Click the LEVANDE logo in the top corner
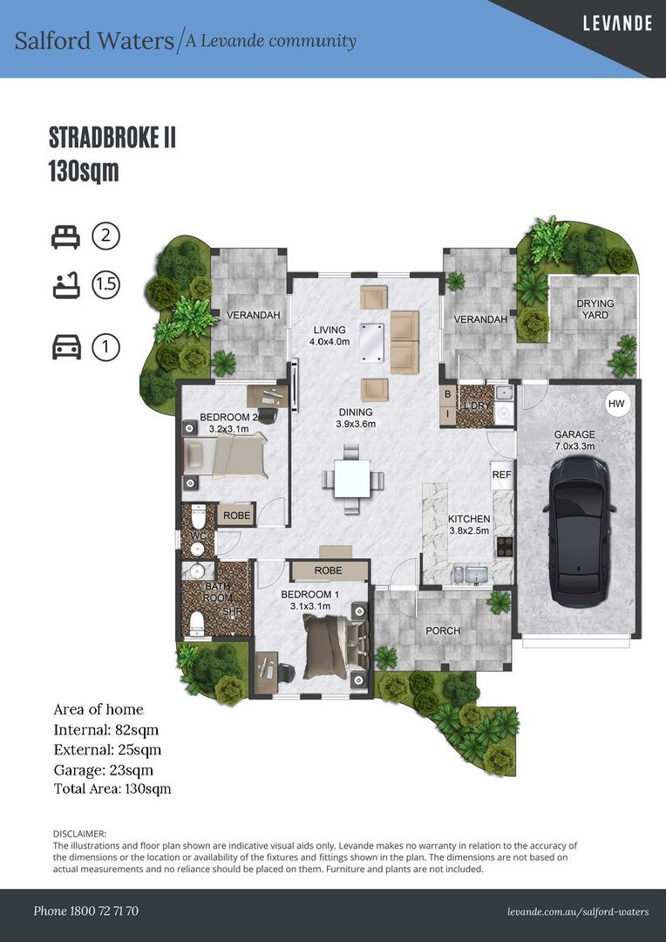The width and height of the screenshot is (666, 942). pyautogui.click(x=617, y=24)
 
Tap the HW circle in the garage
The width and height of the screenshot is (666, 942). pyautogui.click(x=616, y=405)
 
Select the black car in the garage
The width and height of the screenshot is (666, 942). pyautogui.click(x=578, y=531)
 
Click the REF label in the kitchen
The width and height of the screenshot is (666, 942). pyautogui.click(x=501, y=474)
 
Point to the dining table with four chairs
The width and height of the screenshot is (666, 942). pyautogui.click(x=352, y=479)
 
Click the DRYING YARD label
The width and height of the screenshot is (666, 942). pyautogui.click(x=595, y=310)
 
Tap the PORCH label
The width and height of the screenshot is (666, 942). pyautogui.click(x=443, y=631)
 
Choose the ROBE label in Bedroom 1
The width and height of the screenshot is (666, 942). pyautogui.click(x=329, y=570)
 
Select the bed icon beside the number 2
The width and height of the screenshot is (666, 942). pyautogui.click(x=65, y=236)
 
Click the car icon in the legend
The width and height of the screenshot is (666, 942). pyautogui.click(x=66, y=347)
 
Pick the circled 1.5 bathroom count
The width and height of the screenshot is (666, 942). pyautogui.click(x=105, y=285)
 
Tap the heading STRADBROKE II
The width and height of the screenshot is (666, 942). pyautogui.click(x=112, y=138)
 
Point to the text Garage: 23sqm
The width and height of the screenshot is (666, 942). pyautogui.click(x=103, y=769)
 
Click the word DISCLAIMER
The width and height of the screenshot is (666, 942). pyautogui.click(x=79, y=833)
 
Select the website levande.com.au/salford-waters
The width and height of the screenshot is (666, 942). pyautogui.click(x=578, y=912)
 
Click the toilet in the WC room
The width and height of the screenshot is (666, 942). pyautogui.click(x=198, y=515)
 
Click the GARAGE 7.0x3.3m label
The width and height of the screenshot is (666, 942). pyautogui.click(x=574, y=440)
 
